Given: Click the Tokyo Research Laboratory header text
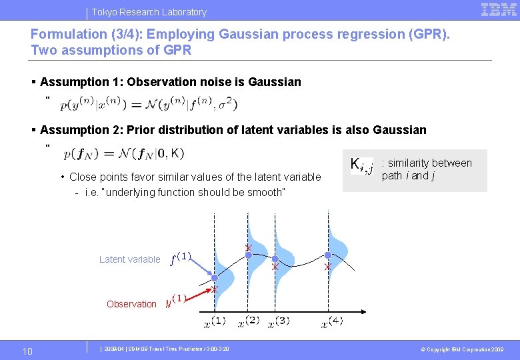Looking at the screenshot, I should pos(149,12).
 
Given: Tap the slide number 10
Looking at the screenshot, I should pos(27,351).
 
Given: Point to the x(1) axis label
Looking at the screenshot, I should pos(214,323).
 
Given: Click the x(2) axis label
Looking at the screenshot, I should pos(249,321).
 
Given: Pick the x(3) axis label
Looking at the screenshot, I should pos(279,323).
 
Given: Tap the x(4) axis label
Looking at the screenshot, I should pos(332,323).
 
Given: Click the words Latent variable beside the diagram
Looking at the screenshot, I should pos(129,259).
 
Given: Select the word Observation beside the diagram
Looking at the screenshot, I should pos(131,304).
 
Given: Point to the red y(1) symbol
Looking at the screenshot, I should pos(175,301).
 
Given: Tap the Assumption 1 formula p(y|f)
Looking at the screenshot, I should pos(147,104).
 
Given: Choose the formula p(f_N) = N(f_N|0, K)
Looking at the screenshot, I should pos(124,153).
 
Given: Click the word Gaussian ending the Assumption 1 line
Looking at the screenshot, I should pos(274,82).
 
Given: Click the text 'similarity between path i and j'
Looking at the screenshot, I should pos(426,169).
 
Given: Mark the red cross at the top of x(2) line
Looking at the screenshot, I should pos(248,248).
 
